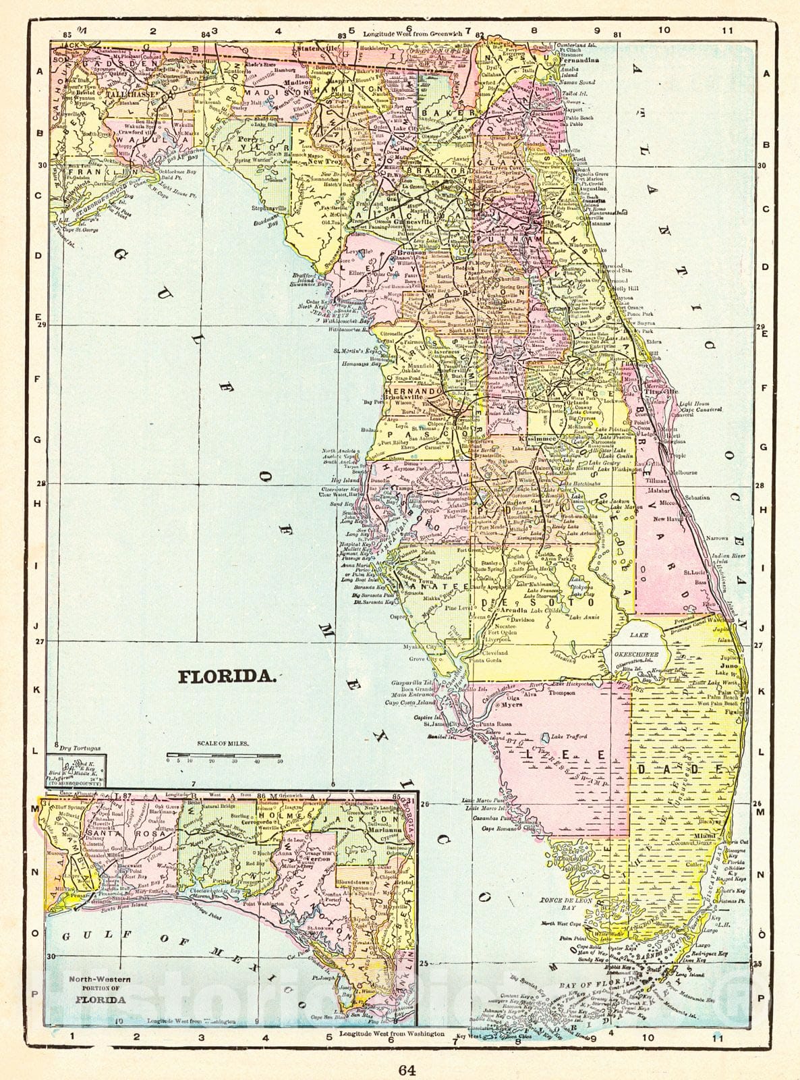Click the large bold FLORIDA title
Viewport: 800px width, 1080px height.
[x=226, y=676]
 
